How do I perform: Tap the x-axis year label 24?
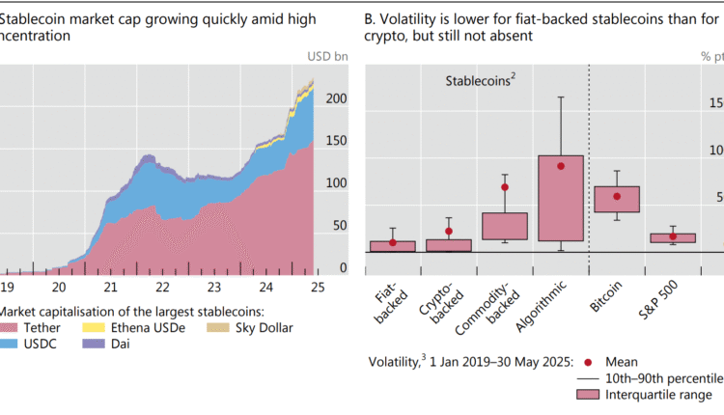tap(265, 287)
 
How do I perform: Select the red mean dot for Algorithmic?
tap(561, 166)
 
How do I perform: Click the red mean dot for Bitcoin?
tap(617, 197)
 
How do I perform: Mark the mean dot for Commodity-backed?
tap(504, 187)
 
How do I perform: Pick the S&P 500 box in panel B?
tap(673, 237)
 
